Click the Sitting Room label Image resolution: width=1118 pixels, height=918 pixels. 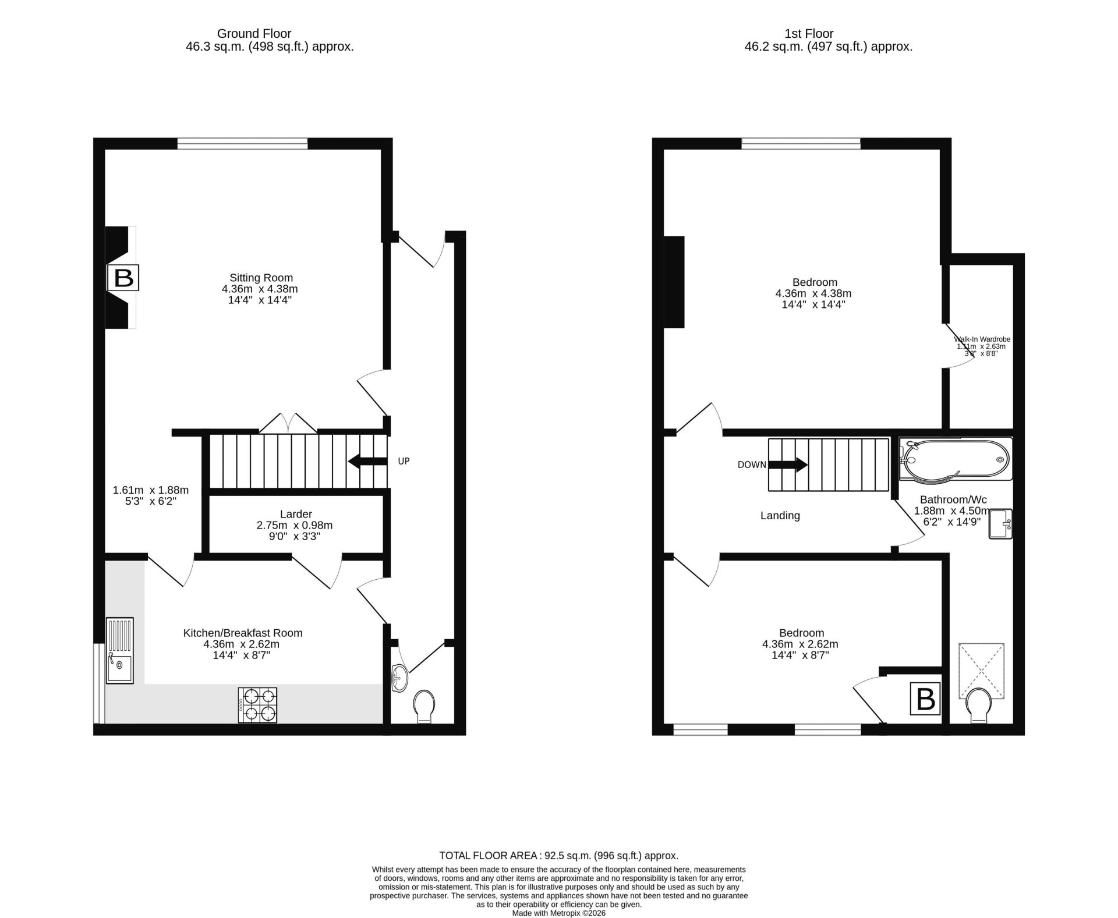(x=261, y=278)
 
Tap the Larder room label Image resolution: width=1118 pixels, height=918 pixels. (x=296, y=514)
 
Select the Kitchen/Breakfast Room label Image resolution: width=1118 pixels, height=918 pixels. (x=243, y=633)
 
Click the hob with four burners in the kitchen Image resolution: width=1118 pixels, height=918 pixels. (x=257, y=705)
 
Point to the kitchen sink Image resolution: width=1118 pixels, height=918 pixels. (x=120, y=650)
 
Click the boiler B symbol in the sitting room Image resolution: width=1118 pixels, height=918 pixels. (x=123, y=278)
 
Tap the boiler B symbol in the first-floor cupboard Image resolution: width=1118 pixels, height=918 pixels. (x=925, y=699)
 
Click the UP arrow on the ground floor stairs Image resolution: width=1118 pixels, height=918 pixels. (x=367, y=461)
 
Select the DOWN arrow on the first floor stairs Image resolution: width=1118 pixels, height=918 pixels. (x=788, y=465)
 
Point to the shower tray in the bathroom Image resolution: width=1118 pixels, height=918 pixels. (x=982, y=671)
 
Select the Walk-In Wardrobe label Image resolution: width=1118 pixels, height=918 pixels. (x=982, y=339)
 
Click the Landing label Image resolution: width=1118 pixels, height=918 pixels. (x=780, y=515)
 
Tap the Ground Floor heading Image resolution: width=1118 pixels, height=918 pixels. (x=254, y=34)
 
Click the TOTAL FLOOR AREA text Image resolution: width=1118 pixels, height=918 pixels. (x=488, y=856)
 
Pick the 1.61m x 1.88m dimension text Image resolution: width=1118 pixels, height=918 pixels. (x=151, y=490)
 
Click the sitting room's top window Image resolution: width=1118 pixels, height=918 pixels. (x=243, y=143)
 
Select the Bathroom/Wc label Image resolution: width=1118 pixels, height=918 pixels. (x=953, y=499)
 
